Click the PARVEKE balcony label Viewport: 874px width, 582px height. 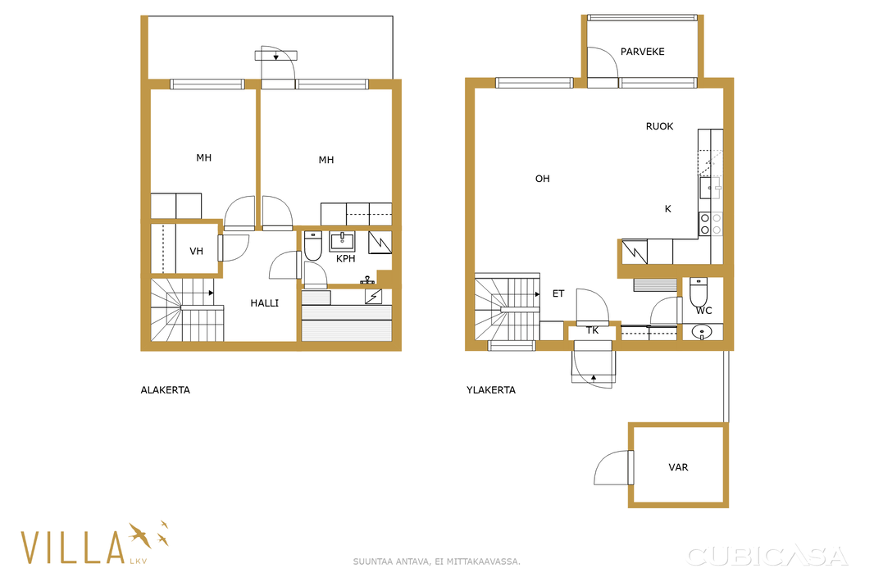(x=642, y=52)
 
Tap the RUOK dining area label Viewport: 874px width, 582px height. (x=659, y=126)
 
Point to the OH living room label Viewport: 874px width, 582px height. (x=542, y=179)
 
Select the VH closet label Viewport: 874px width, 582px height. (x=196, y=252)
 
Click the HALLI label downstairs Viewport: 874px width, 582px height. (x=264, y=303)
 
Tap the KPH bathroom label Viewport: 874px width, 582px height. (x=346, y=259)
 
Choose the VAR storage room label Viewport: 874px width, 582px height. (x=678, y=467)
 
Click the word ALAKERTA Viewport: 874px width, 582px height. (x=165, y=390)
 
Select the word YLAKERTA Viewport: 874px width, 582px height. (x=491, y=390)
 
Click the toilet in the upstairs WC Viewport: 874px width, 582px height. (x=699, y=291)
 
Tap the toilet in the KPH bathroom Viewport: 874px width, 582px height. (x=312, y=246)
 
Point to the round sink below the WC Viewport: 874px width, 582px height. (x=701, y=333)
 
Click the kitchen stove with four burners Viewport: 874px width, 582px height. (x=711, y=224)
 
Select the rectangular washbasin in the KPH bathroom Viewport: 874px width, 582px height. (x=342, y=241)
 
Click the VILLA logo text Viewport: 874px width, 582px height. (x=72, y=547)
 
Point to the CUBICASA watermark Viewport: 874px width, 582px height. (x=767, y=556)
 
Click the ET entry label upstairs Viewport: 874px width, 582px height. (x=558, y=293)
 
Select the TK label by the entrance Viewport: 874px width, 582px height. (x=592, y=330)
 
